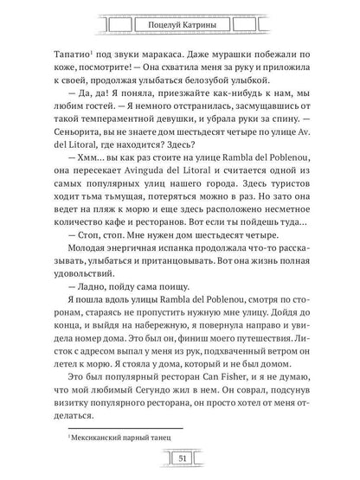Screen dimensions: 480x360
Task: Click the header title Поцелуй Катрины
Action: [179, 22]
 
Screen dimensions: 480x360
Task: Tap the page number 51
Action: [179, 458]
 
